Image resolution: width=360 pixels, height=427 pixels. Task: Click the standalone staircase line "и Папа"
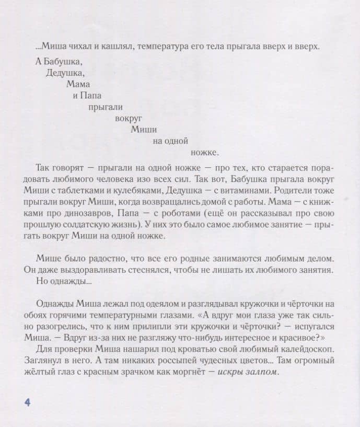(x=87, y=96)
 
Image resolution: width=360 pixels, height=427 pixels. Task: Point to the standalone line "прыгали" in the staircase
(x=106, y=107)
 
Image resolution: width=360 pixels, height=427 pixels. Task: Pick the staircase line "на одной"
(x=170, y=141)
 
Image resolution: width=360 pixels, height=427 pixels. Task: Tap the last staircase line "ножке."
(x=205, y=153)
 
